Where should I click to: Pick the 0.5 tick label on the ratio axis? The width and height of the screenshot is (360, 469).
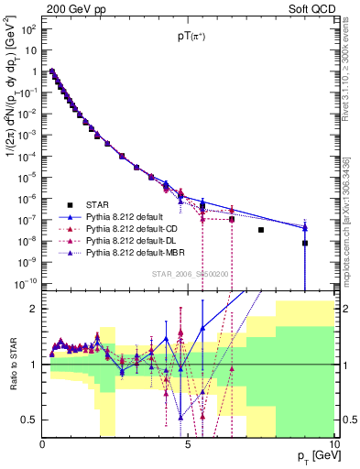27,420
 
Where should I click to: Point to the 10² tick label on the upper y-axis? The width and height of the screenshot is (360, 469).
28,29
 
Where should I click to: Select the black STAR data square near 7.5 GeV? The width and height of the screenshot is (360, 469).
261,230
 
